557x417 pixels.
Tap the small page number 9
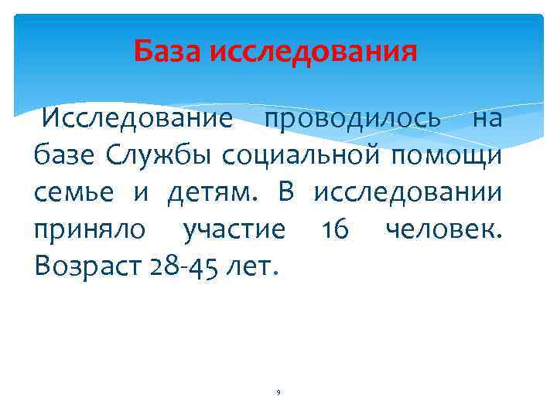(x=278, y=393)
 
